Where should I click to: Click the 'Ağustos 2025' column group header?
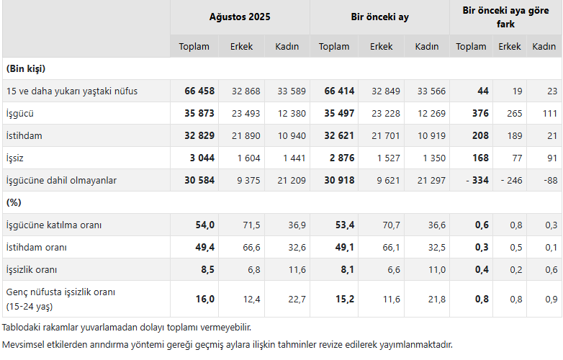coord(240,17)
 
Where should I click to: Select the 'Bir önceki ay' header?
coord(379,17)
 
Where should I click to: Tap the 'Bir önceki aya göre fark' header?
coord(505,17)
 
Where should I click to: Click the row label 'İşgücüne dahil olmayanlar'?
coord(61,180)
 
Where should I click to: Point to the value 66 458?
coord(199,91)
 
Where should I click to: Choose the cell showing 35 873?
coord(199,113)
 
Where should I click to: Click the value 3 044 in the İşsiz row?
coord(202,158)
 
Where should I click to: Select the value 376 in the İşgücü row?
coord(479,113)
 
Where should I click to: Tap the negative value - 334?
coord(475,180)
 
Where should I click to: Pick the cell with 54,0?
coord(205,225)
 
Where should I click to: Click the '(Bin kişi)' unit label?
coord(26,69)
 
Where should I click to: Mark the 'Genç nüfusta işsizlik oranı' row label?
coord(61,292)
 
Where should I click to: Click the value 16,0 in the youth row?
coord(205,299)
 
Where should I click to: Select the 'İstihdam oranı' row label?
coord(37,248)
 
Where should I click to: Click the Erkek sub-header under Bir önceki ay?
coord(382,46)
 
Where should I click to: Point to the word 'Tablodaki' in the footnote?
coord(24,327)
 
